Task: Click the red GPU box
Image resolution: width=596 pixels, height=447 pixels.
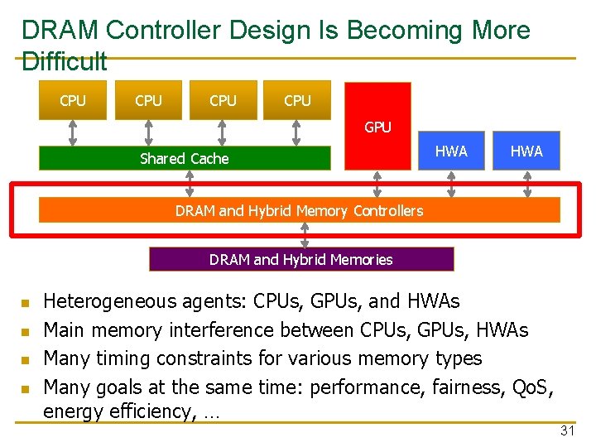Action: pyautogui.click(x=377, y=124)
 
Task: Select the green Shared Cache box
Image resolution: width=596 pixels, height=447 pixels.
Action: pyautogui.click(x=185, y=158)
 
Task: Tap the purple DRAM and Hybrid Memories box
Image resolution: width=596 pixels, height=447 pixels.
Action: pyautogui.click(x=301, y=259)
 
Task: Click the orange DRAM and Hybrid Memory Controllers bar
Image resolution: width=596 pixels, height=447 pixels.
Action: pyautogui.click(x=299, y=210)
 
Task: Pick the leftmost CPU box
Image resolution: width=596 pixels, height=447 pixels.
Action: pyautogui.click(x=73, y=100)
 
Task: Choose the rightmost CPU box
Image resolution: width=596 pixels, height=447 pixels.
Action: pyautogui.click(x=297, y=100)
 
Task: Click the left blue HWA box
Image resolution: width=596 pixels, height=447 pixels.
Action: pyautogui.click(x=451, y=151)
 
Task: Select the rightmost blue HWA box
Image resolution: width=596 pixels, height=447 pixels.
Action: pyautogui.click(x=526, y=151)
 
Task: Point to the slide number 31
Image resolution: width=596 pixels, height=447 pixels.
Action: pyautogui.click(x=567, y=430)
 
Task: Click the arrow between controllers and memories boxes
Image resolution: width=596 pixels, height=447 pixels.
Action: pyautogui.click(x=305, y=235)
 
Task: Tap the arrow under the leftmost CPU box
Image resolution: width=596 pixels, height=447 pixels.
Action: pyautogui.click(x=73, y=133)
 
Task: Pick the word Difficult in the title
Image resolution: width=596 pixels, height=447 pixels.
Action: pyautogui.click(x=65, y=61)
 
